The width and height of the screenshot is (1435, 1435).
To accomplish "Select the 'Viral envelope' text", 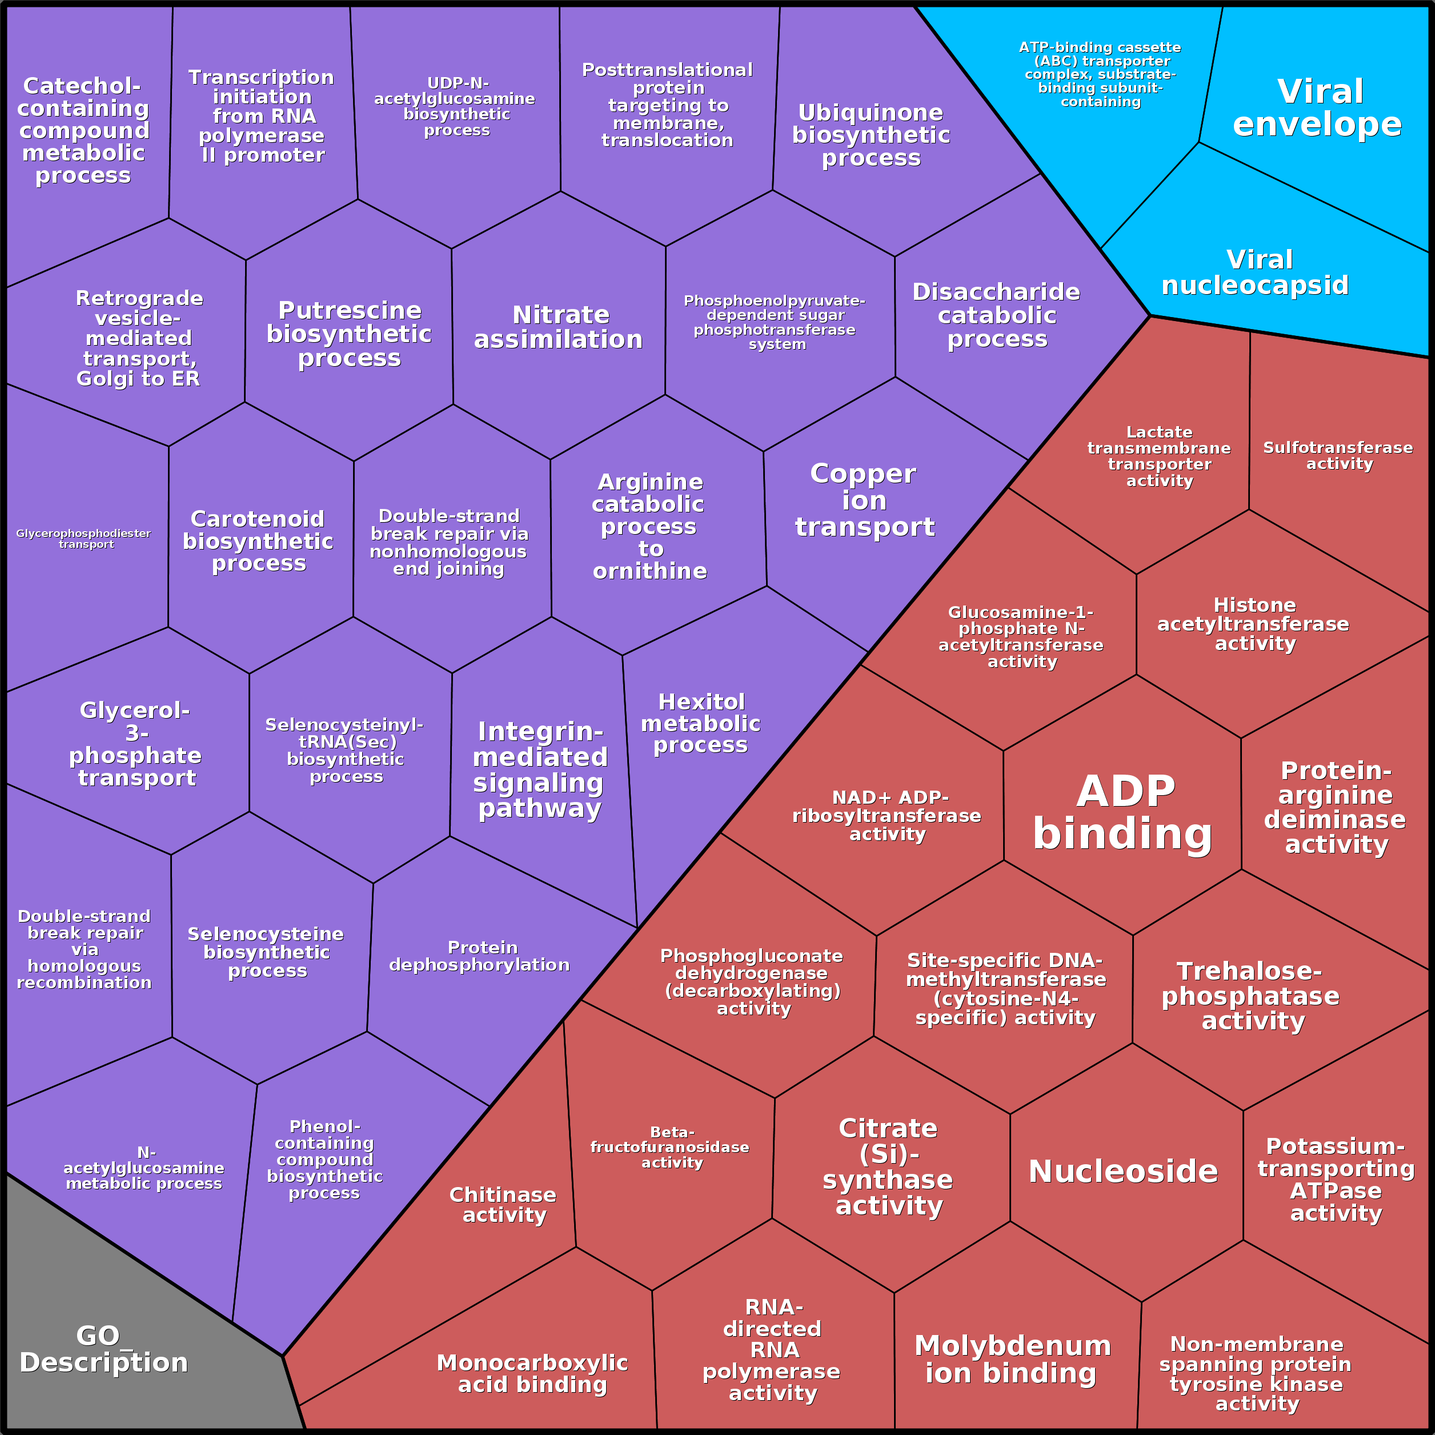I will pyautogui.click(x=1318, y=108).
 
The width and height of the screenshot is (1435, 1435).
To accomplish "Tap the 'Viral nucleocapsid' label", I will pyautogui.click(x=1255, y=272).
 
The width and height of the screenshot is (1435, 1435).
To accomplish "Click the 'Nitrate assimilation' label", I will pyautogui.click(x=559, y=327).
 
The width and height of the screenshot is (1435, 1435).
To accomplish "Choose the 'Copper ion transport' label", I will pyautogui.click(x=864, y=500).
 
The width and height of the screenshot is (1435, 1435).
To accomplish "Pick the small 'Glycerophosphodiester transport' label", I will pyautogui.click(x=84, y=539).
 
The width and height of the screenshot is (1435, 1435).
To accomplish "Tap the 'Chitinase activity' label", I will pyautogui.click(x=503, y=1204).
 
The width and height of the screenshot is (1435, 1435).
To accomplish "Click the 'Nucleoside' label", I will pyautogui.click(x=1123, y=1171).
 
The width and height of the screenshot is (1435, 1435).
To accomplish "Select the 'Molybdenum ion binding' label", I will pyautogui.click(x=1012, y=1359).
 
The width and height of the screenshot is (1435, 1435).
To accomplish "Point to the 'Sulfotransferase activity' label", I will pyautogui.click(x=1338, y=455).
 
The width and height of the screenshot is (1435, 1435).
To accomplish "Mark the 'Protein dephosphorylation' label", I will pyautogui.click(x=480, y=956).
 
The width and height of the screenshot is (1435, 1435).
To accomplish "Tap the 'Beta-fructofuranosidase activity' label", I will pyautogui.click(x=670, y=1147).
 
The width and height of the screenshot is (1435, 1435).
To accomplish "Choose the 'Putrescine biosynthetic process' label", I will pyautogui.click(x=349, y=334).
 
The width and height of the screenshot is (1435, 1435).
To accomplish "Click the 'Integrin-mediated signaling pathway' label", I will pyautogui.click(x=540, y=769).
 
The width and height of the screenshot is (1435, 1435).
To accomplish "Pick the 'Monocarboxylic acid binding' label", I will pyautogui.click(x=532, y=1373).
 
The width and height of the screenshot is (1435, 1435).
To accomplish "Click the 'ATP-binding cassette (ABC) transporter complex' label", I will pyautogui.click(x=1100, y=74).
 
